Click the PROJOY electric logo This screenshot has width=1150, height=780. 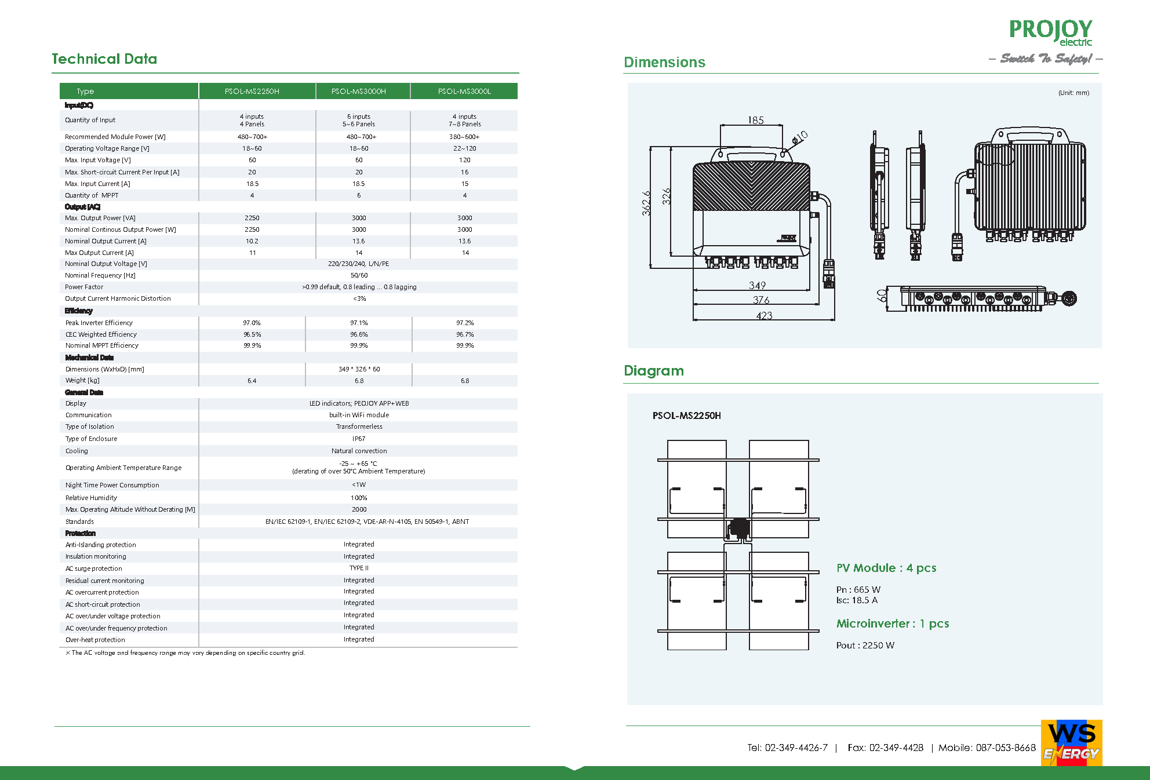(x=1050, y=32)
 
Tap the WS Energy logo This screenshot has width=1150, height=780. (x=1071, y=743)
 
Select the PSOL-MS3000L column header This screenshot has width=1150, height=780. (x=464, y=92)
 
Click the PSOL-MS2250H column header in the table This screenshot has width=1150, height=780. (x=252, y=92)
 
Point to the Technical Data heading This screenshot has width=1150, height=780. (x=104, y=59)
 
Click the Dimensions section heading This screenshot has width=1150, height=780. (x=664, y=63)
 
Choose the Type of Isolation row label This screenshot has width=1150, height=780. (x=90, y=427)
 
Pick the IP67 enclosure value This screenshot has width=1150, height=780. (x=359, y=439)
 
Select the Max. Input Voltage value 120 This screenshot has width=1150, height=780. (x=465, y=161)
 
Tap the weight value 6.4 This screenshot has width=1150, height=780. (x=252, y=381)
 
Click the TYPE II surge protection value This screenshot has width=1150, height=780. (x=359, y=568)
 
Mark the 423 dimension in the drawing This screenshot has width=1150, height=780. (x=764, y=316)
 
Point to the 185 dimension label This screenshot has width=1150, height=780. (x=756, y=121)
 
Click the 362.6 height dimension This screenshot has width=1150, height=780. (x=646, y=203)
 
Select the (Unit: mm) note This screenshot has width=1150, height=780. (x=1073, y=93)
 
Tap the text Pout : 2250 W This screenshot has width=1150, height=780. (x=865, y=646)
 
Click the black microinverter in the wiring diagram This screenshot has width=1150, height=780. (x=739, y=528)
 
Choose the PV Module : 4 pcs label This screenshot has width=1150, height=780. (x=886, y=568)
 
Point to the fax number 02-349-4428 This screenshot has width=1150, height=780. (x=896, y=748)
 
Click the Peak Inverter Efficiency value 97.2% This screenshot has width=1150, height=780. (x=465, y=323)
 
